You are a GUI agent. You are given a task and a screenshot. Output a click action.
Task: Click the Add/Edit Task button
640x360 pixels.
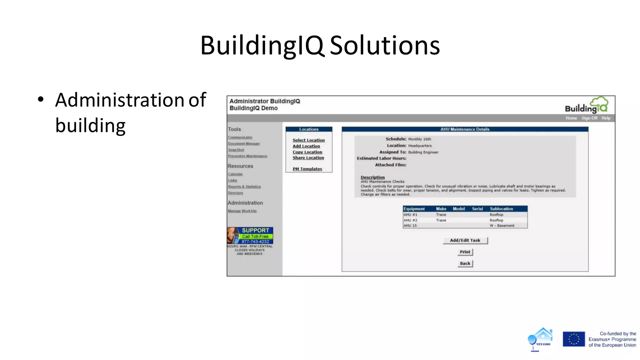[465, 240]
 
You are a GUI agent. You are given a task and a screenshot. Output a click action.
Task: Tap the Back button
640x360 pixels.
[465, 263]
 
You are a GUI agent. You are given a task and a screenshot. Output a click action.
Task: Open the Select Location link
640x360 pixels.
[308, 140]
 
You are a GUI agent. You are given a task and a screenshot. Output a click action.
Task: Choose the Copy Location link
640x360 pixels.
[307, 152]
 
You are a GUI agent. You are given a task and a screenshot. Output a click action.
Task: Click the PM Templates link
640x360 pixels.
[307, 169]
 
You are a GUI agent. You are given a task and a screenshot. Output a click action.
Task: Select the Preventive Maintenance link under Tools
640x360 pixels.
[247, 156]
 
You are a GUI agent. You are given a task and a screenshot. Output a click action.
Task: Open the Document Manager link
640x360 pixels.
[244, 143]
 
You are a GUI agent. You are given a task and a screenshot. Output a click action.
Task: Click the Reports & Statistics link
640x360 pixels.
[244, 187]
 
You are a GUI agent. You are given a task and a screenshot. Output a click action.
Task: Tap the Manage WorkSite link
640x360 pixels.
[242, 211]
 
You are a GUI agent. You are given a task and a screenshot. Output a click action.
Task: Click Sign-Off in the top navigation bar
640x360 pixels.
[589, 118]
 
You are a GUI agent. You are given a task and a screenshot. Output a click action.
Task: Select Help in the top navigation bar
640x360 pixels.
[606, 118]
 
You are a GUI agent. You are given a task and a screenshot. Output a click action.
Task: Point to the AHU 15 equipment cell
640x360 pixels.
[410, 226]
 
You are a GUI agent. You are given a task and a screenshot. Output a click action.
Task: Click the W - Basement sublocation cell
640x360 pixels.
[502, 226]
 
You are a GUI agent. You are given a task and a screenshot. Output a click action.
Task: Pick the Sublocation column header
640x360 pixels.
[501, 209]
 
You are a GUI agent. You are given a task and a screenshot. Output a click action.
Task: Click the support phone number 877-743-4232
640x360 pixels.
[255, 242]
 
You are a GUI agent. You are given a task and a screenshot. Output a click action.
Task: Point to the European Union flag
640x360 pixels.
[574, 339]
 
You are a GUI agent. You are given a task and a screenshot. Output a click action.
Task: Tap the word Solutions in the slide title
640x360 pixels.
[385, 45]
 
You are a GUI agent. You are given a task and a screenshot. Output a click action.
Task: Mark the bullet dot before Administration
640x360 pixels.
[41, 100]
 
